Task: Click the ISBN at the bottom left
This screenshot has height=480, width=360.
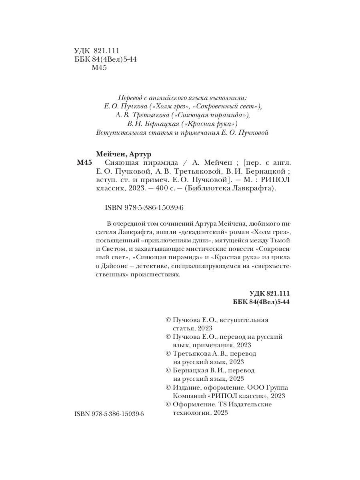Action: tap(109, 415)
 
